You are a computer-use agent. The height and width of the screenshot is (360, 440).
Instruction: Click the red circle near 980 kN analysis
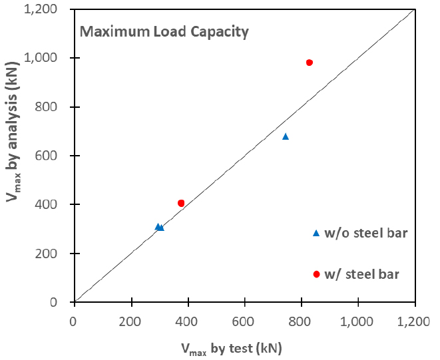310,63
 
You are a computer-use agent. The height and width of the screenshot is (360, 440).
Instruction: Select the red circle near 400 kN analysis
181,203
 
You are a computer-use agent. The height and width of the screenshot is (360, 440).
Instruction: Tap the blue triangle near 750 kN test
286,136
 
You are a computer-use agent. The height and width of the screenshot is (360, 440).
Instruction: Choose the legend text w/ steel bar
362,273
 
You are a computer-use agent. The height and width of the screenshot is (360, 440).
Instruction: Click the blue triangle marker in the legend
316,233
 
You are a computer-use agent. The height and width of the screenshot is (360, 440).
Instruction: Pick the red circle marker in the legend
316,274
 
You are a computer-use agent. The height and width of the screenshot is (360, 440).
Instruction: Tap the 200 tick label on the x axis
131,321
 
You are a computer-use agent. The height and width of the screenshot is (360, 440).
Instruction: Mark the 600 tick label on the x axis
245,321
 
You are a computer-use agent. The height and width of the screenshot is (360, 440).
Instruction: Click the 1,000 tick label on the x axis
358,321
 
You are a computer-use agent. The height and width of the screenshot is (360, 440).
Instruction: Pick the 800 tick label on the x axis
302,321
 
